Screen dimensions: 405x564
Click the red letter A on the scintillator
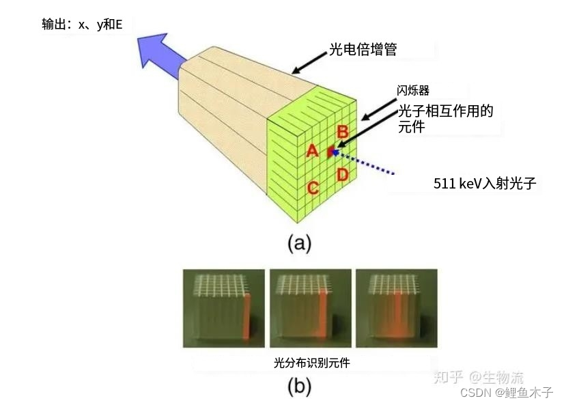tap(312, 150)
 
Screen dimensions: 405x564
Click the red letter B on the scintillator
tap(343, 132)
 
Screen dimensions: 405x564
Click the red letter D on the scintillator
tap(343, 175)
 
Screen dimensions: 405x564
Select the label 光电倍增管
tap(362, 51)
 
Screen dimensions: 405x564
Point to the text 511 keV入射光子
tap(485, 183)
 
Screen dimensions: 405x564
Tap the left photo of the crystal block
tap(224, 307)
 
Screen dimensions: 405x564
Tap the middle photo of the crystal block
tap(311, 307)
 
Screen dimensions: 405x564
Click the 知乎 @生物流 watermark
tap(479, 376)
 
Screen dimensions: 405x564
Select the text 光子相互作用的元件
tap(445, 118)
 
